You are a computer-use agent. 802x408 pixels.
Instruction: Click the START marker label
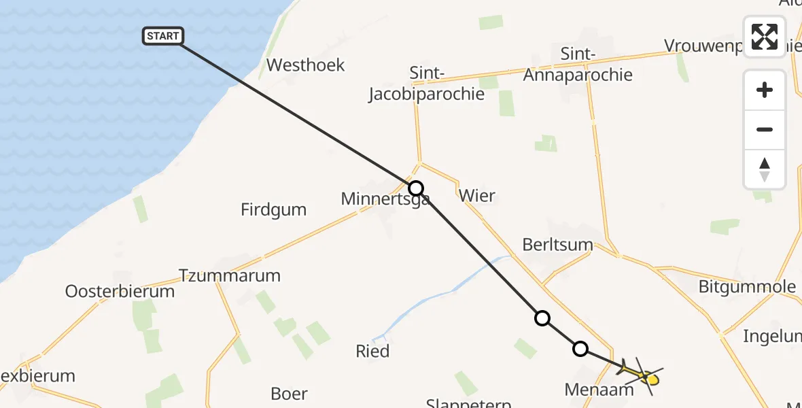click(x=163, y=36)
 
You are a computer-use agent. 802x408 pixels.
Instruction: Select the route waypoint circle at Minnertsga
click(x=416, y=188)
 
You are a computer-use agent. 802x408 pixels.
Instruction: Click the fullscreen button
click(x=765, y=37)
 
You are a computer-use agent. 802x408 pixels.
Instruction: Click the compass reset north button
click(x=765, y=169)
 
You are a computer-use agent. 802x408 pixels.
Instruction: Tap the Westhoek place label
click(x=306, y=65)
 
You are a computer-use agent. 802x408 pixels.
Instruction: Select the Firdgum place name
click(x=274, y=209)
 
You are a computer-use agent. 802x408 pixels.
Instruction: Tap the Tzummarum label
click(x=230, y=275)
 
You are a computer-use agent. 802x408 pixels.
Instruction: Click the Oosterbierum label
click(x=120, y=292)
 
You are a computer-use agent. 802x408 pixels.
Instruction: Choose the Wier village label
click(x=477, y=196)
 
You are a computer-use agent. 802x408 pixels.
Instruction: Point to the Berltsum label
click(x=558, y=245)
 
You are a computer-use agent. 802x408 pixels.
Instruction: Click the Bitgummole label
click(x=747, y=286)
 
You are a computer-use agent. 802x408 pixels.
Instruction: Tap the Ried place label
click(x=373, y=351)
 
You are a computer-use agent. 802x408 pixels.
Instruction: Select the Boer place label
click(x=289, y=394)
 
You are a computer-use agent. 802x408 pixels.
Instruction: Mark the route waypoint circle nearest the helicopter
click(x=580, y=349)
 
